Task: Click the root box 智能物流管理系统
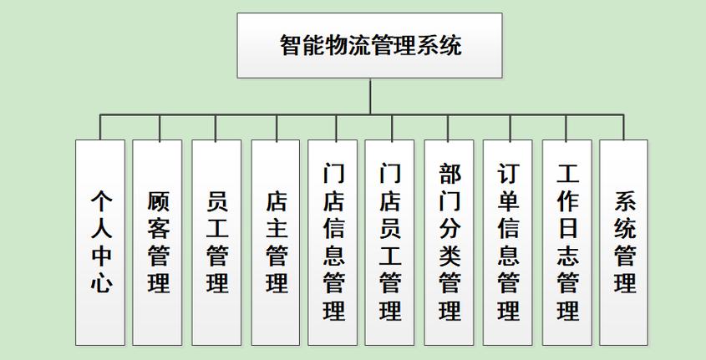pyautogui.click(x=369, y=45)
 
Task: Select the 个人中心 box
pyautogui.click(x=100, y=242)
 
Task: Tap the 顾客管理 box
pyautogui.click(x=158, y=242)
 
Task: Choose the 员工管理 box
pyautogui.click(x=217, y=242)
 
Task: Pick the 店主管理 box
pyautogui.click(x=276, y=242)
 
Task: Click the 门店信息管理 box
pyautogui.click(x=334, y=242)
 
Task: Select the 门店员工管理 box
pyautogui.click(x=390, y=242)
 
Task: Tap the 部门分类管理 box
pyautogui.click(x=450, y=242)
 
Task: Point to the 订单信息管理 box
pyautogui.click(x=508, y=242)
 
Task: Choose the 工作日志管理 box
pyautogui.click(x=567, y=242)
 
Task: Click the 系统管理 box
pyautogui.click(x=624, y=242)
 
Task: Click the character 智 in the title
pyautogui.click(x=291, y=44)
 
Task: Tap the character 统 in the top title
pyautogui.click(x=450, y=44)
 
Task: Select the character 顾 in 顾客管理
pyautogui.click(x=159, y=201)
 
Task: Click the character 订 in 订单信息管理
pyautogui.click(x=508, y=173)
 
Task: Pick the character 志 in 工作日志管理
pyautogui.click(x=568, y=255)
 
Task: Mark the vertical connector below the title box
pyautogui.click(x=369, y=96)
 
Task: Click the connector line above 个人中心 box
pyautogui.click(x=100, y=127)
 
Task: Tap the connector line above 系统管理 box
pyautogui.click(x=624, y=127)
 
